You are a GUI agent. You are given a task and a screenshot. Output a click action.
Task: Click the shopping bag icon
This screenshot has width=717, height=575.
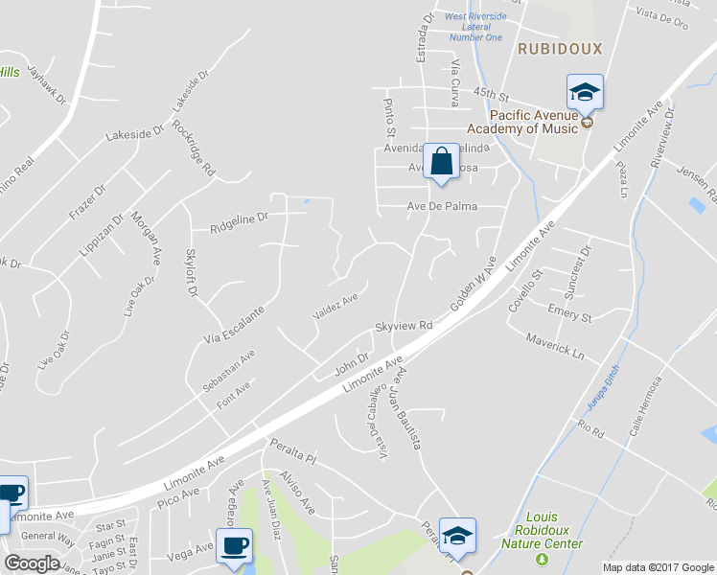click(441, 162)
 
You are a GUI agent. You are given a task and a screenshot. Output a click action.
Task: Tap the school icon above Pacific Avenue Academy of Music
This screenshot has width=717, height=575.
click(585, 93)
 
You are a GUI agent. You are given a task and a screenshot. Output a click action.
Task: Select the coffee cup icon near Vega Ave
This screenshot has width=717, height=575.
click(234, 546)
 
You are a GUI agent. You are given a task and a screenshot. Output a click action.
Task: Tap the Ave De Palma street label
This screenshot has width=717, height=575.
click(443, 206)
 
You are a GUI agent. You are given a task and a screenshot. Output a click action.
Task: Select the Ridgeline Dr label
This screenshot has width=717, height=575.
click(240, 226)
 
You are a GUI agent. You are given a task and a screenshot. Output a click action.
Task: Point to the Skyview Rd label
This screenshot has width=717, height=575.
click(405, 327)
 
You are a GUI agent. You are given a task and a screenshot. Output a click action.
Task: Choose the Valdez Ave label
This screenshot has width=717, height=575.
click(335, 307)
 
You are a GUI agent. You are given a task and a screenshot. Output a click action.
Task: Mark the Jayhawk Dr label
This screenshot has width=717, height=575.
click(46, 84)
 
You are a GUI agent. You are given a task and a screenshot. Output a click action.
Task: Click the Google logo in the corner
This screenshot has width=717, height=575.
click(32, 563)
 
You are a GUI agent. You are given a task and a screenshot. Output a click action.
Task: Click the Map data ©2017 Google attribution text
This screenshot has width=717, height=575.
click(657, 567)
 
